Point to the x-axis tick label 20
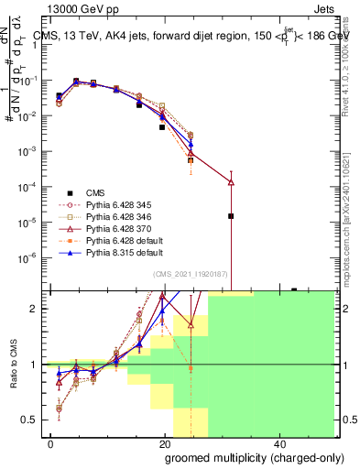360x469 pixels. click(x=163, y=442)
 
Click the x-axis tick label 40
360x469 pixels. click(x=278, y=442)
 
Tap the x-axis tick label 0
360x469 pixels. click(x=50, y=442)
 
